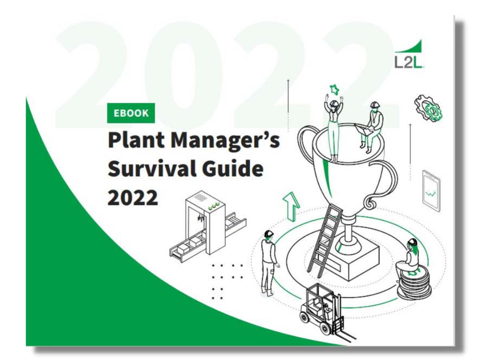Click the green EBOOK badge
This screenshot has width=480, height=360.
[131, 113]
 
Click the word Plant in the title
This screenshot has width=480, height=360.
[136, 140]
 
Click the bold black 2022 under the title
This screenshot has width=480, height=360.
[132, 197]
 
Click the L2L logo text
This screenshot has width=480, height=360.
[409, 62]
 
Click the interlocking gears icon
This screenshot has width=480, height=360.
[428, 108]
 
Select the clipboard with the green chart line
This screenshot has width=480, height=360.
[431, 191]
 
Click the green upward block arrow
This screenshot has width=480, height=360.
[291, 206]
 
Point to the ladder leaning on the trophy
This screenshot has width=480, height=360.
[325, 241]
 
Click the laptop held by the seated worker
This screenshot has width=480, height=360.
[363, 129]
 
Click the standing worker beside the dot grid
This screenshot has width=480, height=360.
[269, 263]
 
